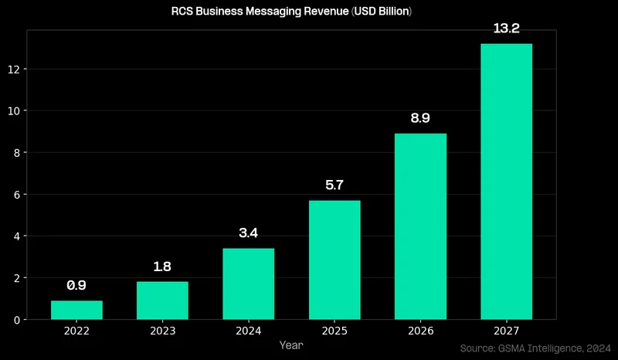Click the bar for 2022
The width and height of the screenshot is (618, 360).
point(76,310)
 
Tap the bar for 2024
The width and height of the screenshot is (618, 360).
point(248,284)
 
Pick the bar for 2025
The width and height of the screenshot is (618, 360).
point(334,260)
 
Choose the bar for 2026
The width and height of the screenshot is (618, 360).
point(420,226)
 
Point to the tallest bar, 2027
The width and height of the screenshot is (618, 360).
point(506,182)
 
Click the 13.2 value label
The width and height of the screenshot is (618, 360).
point(506,29)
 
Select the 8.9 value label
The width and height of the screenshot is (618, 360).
point(420,118)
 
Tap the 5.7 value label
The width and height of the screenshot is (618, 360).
point(334,185)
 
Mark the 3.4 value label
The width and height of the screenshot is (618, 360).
point(248,233)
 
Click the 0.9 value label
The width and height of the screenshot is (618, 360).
point(76,285)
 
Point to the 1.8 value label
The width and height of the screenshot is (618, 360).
point(162,267)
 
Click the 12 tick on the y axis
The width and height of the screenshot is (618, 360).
point(16,69)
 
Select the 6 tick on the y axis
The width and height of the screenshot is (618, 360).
point(19,194)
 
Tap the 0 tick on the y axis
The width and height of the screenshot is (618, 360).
point(19,319)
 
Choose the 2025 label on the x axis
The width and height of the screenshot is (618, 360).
point(334,331)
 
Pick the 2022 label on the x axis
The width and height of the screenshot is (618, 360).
point(76,331)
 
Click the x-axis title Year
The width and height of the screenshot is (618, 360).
point(291,345)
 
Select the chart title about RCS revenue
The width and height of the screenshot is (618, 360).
point(291,12)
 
